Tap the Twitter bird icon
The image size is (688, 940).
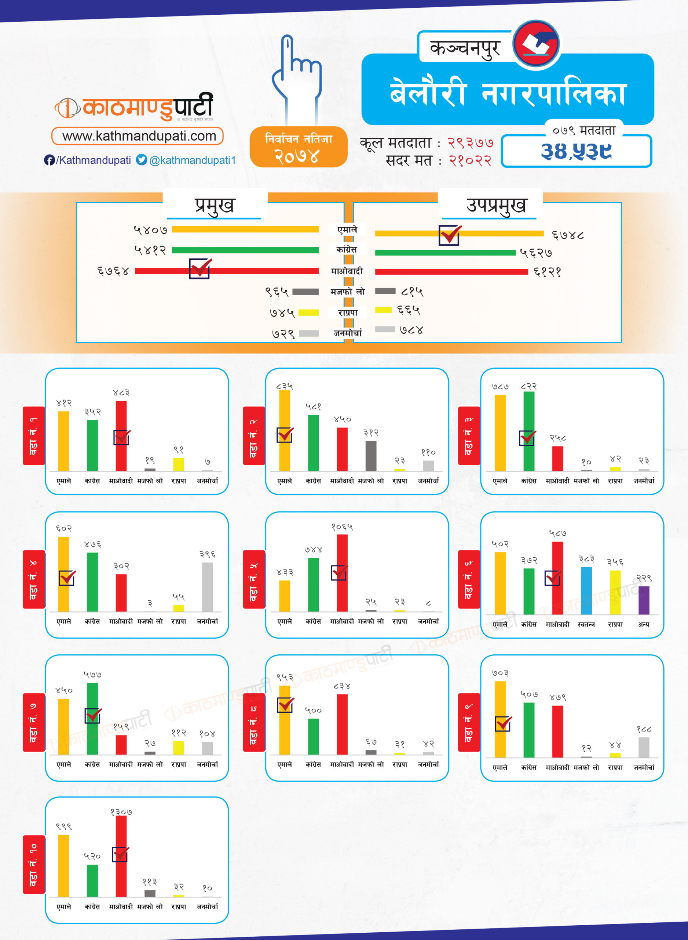point(142,160)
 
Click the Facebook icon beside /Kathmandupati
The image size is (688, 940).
point(49,160)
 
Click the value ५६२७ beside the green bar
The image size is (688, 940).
point(536,253)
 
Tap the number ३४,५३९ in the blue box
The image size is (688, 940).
point(576,151)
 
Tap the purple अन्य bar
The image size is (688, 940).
point(644,600)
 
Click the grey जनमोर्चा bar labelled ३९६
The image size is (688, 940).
point(208,587)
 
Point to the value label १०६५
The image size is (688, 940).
point(342,527)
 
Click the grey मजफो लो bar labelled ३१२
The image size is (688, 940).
point(371,456)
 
